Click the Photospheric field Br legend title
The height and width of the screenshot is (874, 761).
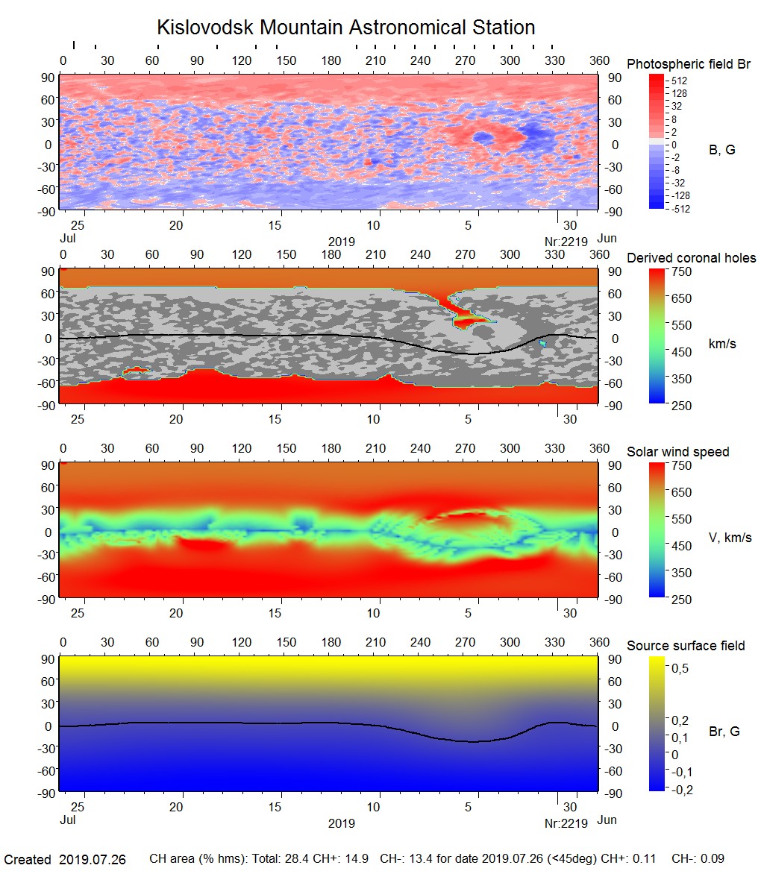point(689,64)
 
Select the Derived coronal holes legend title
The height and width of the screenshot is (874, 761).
point(691,258)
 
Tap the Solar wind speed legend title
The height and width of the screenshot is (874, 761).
point(677,452)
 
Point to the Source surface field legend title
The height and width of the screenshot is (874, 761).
point(686,645)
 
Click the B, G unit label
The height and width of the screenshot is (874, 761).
point(721,150)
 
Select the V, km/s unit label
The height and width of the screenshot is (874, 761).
point(730,538)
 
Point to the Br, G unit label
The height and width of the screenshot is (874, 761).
point(724,732)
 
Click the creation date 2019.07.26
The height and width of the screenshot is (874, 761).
point(93,860)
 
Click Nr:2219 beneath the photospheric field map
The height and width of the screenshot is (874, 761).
point(566,241)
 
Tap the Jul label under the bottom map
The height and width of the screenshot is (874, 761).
point(67,823)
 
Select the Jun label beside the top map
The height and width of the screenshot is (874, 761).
point(607,238)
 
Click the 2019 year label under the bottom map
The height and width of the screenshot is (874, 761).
point(341,823)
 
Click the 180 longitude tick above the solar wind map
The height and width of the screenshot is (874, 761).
point(331,448)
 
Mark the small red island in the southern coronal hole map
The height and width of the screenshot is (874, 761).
point(136,370)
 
